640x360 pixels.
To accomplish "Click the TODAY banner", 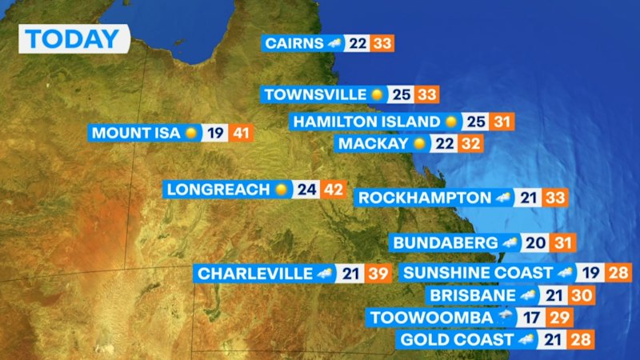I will (x=73, y=38).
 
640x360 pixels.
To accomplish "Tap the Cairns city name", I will (x=294, y=43).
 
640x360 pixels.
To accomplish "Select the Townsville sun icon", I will (x=378, y=94).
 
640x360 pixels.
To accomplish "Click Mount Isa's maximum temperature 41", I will (x=240, y=133).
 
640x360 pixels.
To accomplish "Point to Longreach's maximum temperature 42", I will (x=333, y=190).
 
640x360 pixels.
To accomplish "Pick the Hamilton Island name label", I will (x=366, y=122).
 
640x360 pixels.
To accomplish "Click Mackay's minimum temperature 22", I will (x=446, y=144).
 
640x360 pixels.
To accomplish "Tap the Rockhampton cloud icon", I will (x=503, y=198).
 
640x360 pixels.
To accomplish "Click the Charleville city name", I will (x=255, y=274).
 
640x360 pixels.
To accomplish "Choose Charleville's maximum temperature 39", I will (x=378, y=274).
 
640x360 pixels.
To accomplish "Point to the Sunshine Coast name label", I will (x=478, y=273).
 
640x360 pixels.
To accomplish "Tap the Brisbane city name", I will (x=472, y=296).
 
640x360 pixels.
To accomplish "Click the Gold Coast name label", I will (x=456, y=340).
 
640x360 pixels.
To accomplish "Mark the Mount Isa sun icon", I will (x=191, y=133).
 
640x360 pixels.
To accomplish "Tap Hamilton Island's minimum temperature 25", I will (x=477, y=122).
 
